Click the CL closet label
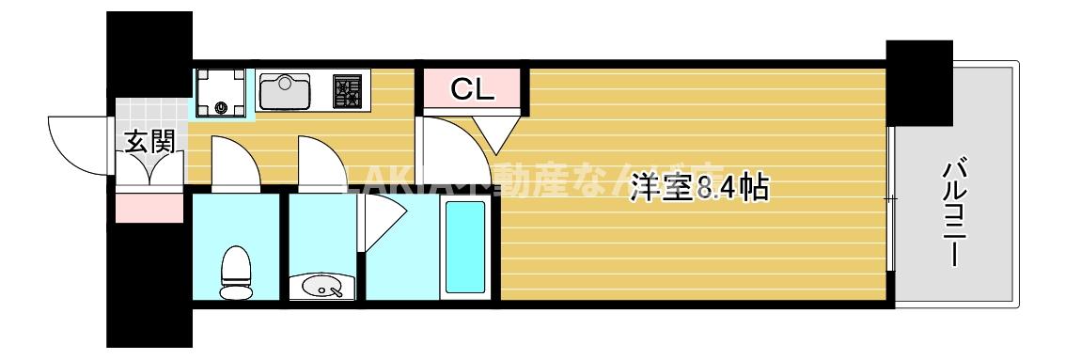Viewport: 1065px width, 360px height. [471, 89]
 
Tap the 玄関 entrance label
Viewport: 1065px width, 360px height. [149, 142]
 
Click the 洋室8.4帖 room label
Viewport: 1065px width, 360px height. [700, 187]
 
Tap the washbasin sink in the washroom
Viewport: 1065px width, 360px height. [320, 286]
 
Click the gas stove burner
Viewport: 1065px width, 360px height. [347, 91]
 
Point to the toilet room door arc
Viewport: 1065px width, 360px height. [234, 162]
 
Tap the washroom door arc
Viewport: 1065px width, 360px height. [322, 162]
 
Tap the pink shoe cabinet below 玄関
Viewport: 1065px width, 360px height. [149, 208]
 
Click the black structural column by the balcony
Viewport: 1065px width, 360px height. [918, 83]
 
